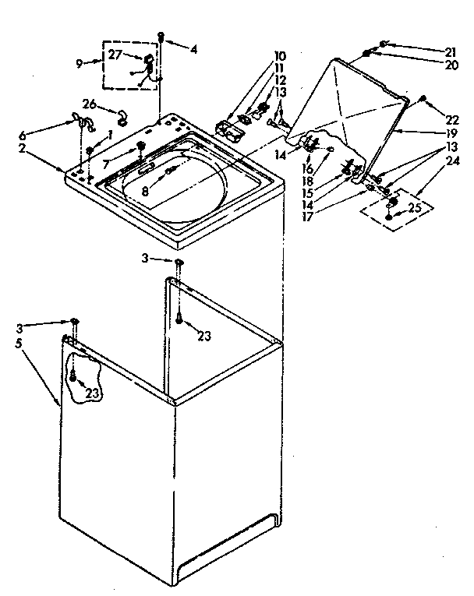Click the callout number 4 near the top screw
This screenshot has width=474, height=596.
(194, 50)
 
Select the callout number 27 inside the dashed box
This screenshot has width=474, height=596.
(114, 55)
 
